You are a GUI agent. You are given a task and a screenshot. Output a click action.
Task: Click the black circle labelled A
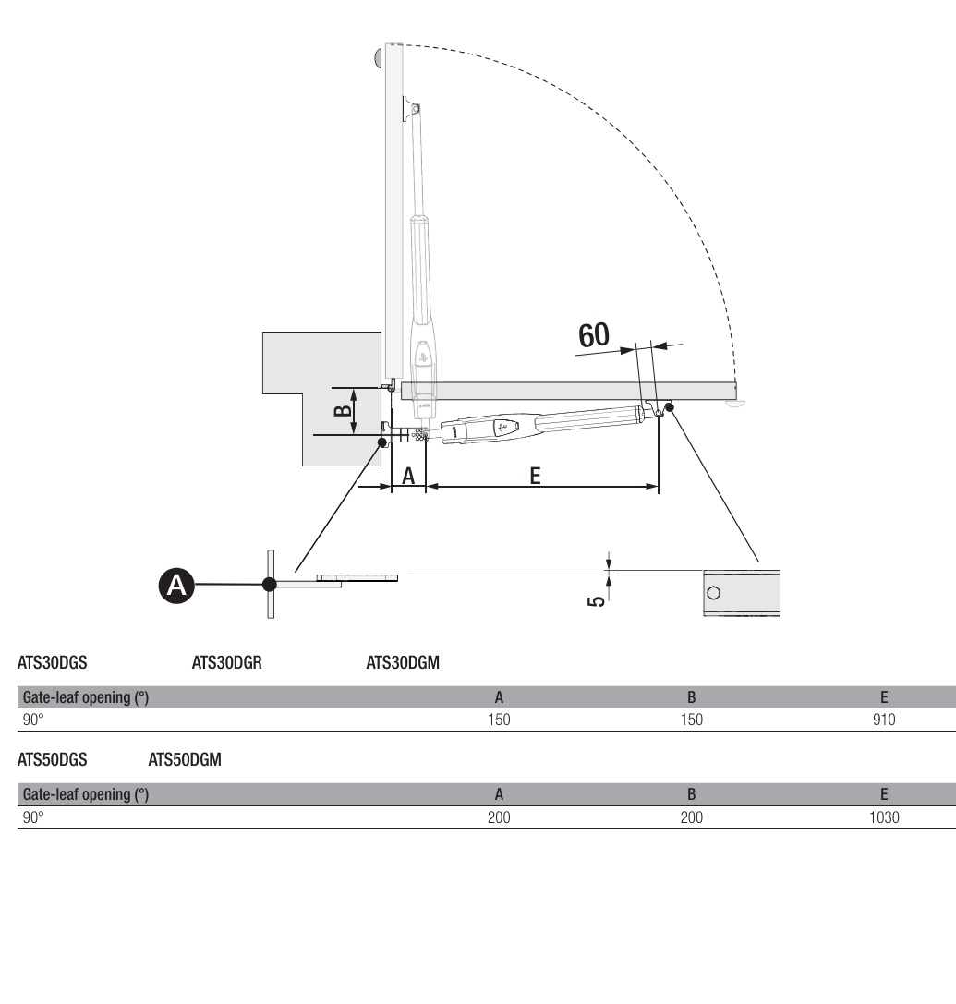coord(176,586)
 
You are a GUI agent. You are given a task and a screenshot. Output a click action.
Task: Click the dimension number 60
coord(594,335)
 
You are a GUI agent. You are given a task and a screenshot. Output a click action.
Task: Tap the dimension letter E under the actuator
coord(536,476)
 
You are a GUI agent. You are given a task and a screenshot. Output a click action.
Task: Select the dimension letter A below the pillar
coord(408,476)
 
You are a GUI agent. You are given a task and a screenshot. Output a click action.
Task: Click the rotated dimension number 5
coord(596,600)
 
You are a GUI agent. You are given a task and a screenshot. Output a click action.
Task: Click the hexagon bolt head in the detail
coord(713,593)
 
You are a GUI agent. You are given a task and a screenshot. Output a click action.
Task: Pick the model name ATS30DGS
coord(52,662)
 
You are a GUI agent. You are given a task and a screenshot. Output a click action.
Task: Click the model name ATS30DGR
coord(226,662)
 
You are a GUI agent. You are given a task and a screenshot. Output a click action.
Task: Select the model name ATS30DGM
coord(403,662)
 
